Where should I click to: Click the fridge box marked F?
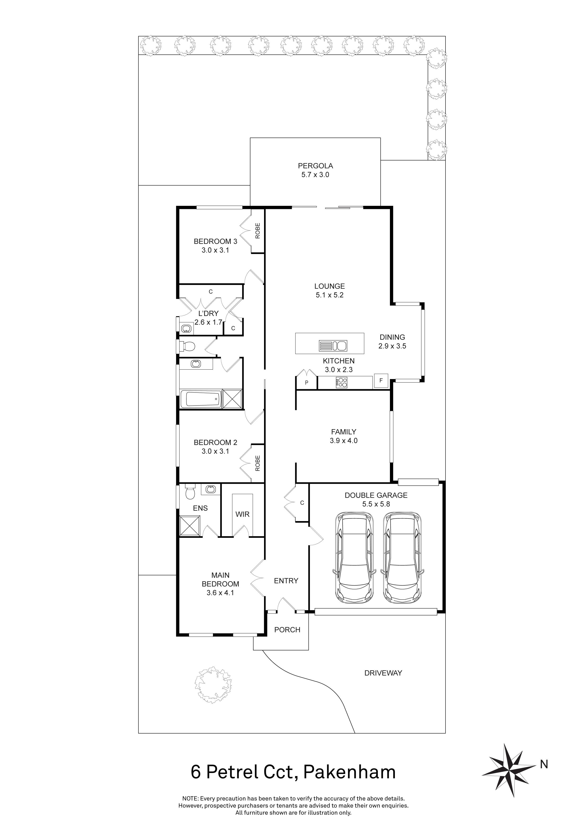381,380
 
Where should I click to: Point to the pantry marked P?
306,382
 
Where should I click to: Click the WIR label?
242,514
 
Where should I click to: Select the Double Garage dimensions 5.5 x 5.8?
376,504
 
